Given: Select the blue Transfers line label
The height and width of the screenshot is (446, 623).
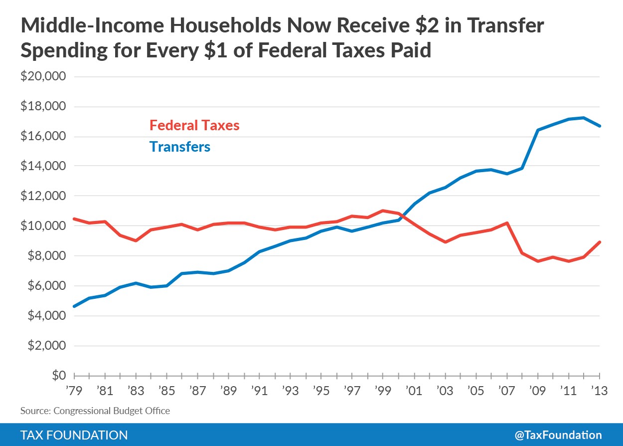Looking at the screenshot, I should (179, 147).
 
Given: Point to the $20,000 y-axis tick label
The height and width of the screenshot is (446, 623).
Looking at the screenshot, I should (43, 77).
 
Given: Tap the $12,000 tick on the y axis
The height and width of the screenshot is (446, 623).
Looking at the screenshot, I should (43, 196).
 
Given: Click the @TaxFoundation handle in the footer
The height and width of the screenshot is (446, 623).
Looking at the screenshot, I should (558, 435).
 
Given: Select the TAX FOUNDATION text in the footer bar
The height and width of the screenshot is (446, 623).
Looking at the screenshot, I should (74, 435).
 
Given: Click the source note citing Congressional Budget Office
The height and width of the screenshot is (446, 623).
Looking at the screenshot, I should (95, 411).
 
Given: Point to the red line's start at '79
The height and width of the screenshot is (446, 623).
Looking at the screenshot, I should (74, 219).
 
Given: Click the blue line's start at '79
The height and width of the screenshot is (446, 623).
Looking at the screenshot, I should (74, 306).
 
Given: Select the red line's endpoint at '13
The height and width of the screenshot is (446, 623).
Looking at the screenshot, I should (599, 242).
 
